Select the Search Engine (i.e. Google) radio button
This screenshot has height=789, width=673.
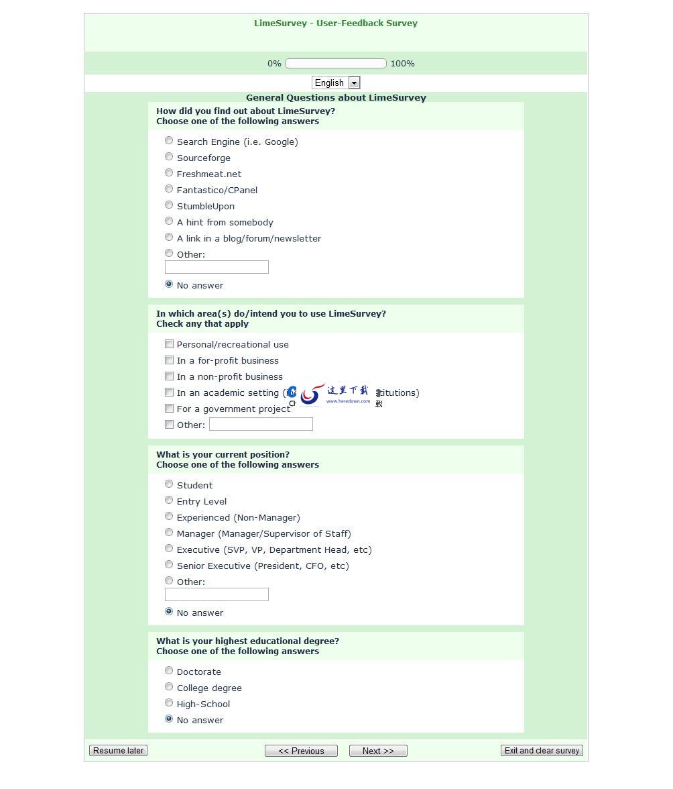tap(169, 141)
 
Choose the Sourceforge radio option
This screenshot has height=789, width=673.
tap(169, 157)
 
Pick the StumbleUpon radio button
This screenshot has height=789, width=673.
tap(169, 205)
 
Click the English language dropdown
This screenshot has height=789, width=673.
tap(336, 83)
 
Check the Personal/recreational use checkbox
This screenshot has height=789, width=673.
tap(170, 344)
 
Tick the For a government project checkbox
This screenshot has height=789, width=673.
tap(170, 409)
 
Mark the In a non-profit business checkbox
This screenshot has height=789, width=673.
tap(170, 376)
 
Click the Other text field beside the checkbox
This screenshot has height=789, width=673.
tap(261, 424)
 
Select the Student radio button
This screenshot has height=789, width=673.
tap(169, 484)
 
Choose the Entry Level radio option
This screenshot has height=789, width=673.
tap(169, 501)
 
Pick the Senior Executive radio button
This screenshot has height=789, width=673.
tap(169, 565)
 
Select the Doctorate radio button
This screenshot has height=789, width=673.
tap(169, 671)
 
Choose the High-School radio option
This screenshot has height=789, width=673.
tap(169, 703)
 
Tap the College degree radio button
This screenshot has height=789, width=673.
tap(169, 687)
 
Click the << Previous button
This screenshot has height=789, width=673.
tap(301, 751)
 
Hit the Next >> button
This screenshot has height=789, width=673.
tap(378, 751)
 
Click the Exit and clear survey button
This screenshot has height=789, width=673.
tap(542, 751)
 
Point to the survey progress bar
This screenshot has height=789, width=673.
tap(336, 64)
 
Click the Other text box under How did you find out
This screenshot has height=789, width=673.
tap(217, 267)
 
